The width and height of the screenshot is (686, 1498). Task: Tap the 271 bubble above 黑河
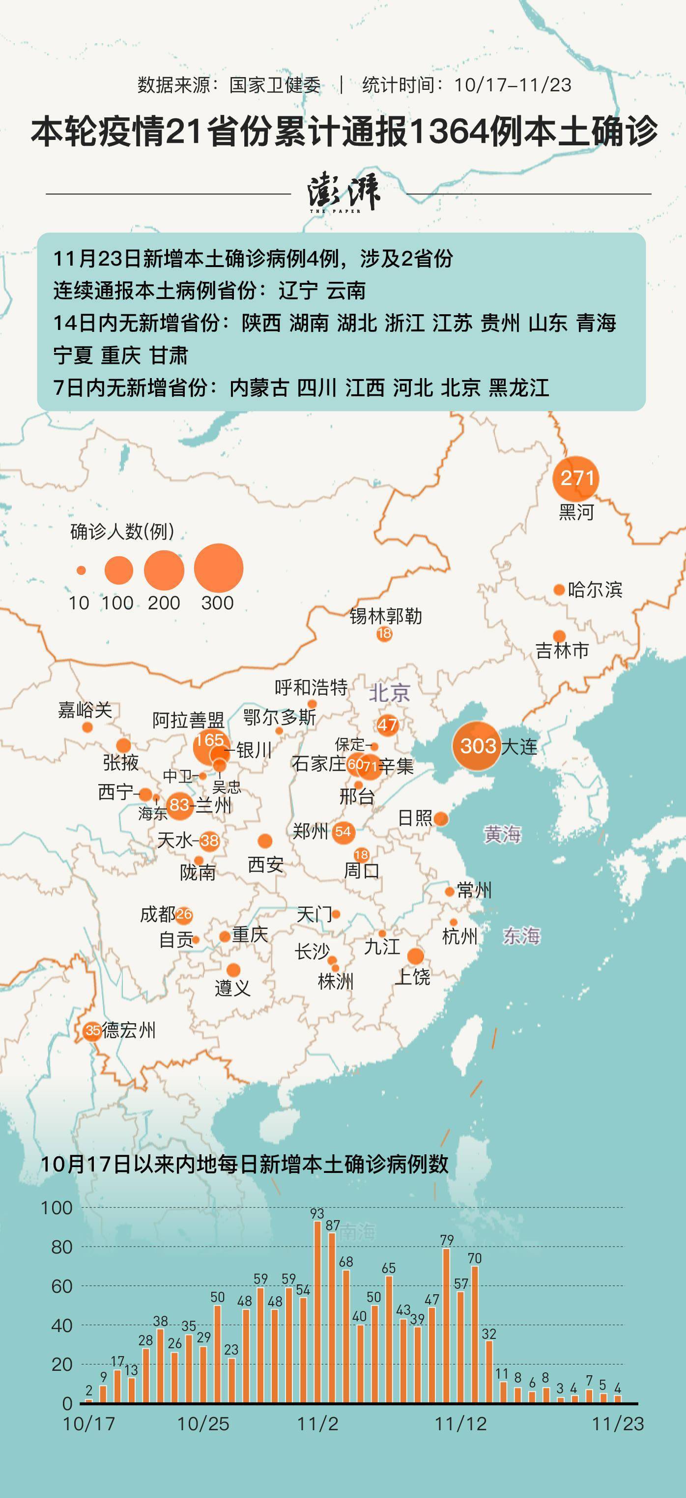pos(576,478)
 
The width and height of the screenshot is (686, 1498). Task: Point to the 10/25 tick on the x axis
pos(203,1424)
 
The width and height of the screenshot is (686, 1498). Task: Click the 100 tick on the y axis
pos(57,1208)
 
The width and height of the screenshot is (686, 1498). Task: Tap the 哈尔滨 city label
pos(595,590)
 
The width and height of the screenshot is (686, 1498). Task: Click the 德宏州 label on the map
pos(129,1031)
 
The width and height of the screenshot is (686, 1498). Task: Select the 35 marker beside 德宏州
pos(92,1031)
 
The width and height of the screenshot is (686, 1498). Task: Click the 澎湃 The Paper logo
pos(344,193)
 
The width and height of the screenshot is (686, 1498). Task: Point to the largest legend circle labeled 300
pos(218,568)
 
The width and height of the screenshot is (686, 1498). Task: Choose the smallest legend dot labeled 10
pos(81,571)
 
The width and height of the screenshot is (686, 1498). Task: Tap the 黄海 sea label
pos(502,835)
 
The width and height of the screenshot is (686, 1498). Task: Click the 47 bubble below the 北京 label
pos(387,725)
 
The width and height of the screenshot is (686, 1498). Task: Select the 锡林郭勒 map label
pos(385,616)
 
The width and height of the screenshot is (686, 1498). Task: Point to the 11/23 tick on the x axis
pos(618,1424)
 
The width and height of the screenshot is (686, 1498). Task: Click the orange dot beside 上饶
pos(415,956)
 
